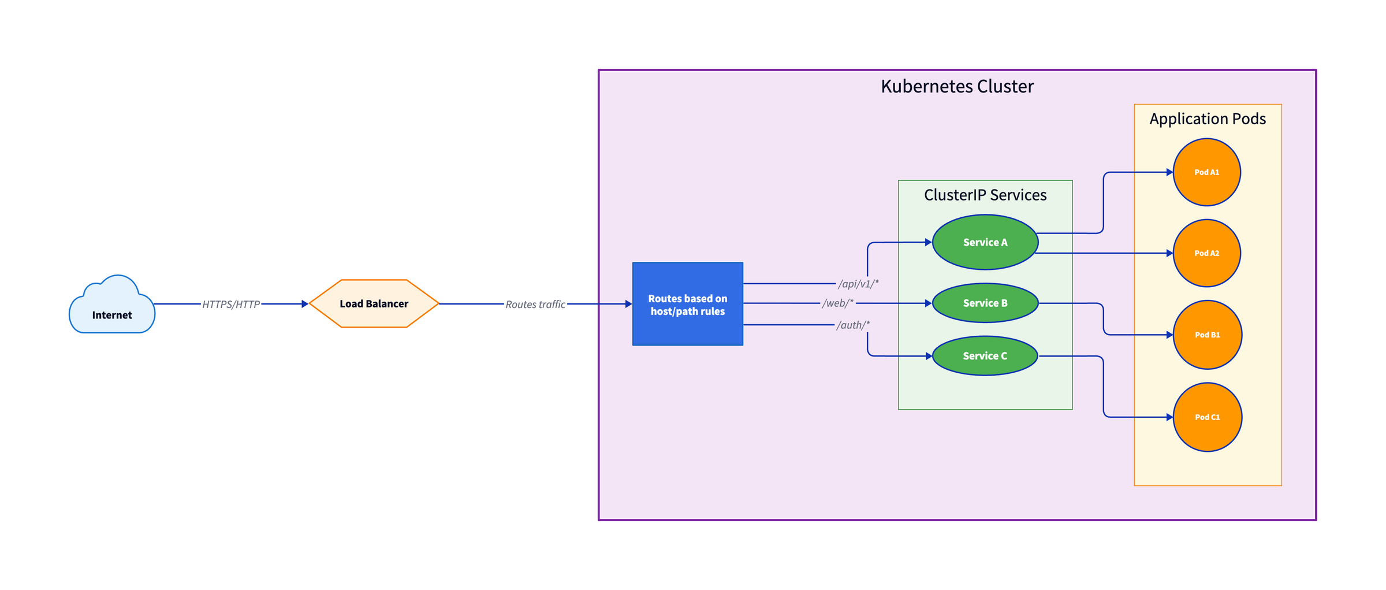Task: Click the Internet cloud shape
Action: point(112,306)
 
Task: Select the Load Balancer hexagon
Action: point(374,303)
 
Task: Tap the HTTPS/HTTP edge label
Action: point(231,305)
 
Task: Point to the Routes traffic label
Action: point(535,305)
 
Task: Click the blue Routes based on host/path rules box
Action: point(687,304)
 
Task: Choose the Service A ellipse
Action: point(985,242)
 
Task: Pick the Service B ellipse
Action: point(985,303)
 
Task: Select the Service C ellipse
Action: point(985,356)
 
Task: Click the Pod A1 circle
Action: point(1207,172)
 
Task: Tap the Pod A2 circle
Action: point(1207,253)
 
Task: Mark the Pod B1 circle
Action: point(1208,335)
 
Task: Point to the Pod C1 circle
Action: point(1208,417)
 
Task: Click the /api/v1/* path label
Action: point(858,284)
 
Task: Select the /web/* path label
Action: point(838,303)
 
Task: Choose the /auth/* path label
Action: point(853,325)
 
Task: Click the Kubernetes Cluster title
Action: point(957,86)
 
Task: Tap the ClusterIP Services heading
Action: point(985,195)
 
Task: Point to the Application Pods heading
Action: point(1208,118)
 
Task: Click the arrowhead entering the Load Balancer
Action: point(305,304)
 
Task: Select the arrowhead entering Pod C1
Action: point(1169,417)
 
